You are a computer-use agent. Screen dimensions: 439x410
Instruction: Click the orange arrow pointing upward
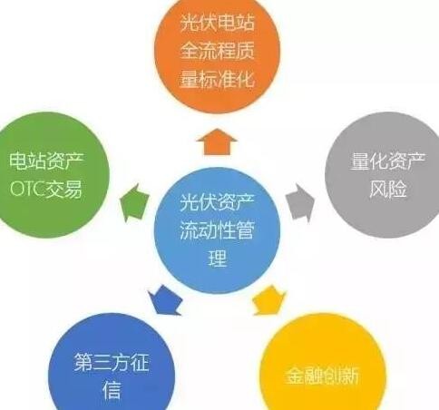click(x=217, y=142)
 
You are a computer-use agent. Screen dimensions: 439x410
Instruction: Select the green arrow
click(x=135, y=202)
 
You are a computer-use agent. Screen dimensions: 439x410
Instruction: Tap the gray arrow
click(x=300, y=202)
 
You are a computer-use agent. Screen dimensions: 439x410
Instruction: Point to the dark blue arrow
click(x=166, y=300)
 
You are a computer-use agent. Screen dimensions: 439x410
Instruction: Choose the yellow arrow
click(x=268, y=300)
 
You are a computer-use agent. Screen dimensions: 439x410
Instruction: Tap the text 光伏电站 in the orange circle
click(x=217, y=23)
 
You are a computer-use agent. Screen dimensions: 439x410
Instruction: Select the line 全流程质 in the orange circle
click(x=217, y=50)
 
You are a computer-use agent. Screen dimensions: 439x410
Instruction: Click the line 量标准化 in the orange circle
click(x=217, y=79)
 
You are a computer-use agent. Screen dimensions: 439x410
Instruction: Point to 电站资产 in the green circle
click(x=46, y=161)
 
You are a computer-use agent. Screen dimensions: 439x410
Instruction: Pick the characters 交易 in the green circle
click(x=63, y=189)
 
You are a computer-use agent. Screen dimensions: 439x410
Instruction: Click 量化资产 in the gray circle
click(x=388, y=161)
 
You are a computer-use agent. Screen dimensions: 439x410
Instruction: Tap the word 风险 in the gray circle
click(x=388, y=189)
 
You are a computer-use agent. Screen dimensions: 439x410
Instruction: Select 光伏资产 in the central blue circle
click(x=217, y=202)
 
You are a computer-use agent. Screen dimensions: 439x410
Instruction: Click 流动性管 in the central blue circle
click(x=217, y=229)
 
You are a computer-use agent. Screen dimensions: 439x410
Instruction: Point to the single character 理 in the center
click(x=217, y=258)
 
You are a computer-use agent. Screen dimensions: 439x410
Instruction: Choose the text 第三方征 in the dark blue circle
click(x=112, y=362)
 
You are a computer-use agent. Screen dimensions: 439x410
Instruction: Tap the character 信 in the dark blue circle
click(x=112, y=390)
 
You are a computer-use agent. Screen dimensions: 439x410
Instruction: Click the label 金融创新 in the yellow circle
click(x=322, y=376)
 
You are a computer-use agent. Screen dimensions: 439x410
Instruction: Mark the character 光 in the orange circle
click(x=190, y=23)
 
